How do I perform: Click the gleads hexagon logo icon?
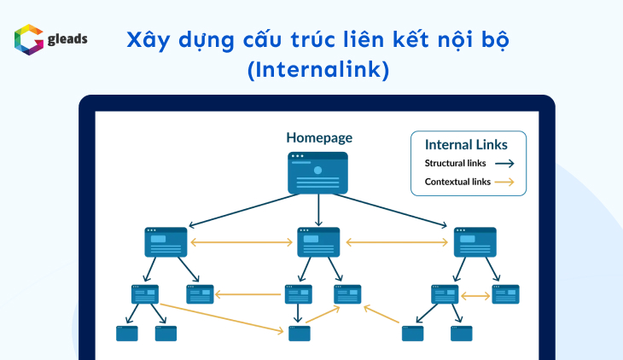pos(28,40)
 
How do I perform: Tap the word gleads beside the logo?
pos(68,38)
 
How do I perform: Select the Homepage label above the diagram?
pos(318,137)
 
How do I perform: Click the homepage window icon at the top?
pos(318,172)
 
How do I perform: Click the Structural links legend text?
pos(457,163)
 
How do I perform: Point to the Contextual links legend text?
pos(457,182)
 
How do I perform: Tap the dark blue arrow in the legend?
pos(505,163)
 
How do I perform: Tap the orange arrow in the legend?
pos(505,182)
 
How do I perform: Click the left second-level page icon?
pos(166,242)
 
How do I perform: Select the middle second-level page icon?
pos(318,242)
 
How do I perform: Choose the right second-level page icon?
pos(475,242)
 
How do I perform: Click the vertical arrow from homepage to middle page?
pos(318,210)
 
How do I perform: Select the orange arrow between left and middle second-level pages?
pos(242,243)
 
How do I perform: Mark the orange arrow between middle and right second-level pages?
pos(397,243)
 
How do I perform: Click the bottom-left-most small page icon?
pos(127,334)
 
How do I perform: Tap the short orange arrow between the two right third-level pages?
pos(475,295)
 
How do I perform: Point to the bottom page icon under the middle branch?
pos(299,334)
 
